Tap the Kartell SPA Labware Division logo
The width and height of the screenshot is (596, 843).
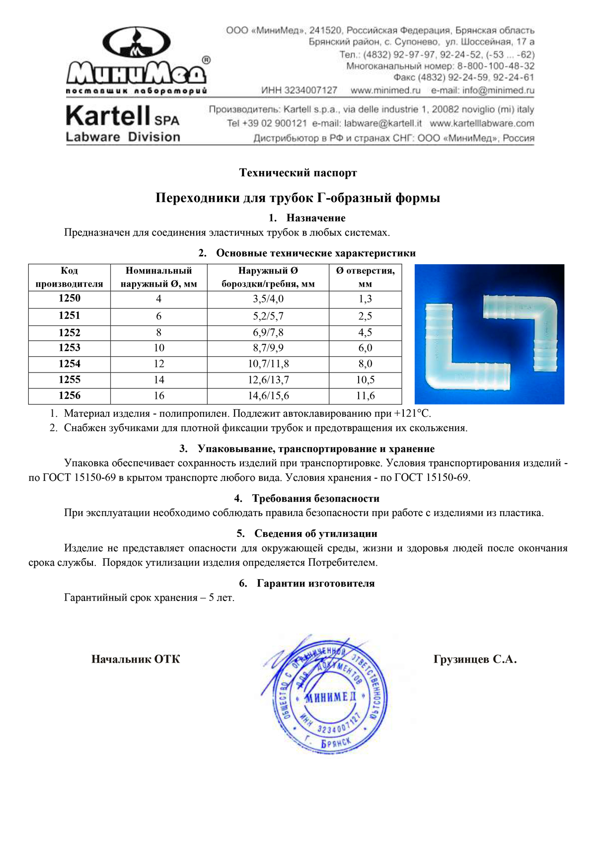tap(123, 124)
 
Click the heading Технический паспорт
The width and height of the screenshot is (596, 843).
tap(298, 173)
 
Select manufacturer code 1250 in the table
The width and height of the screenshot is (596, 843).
tap(70, 298)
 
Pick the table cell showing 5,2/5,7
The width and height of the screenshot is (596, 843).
tap(268, 316)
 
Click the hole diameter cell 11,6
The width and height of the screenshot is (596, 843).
tap(365, 396)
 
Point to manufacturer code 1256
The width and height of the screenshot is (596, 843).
tap(70, 396)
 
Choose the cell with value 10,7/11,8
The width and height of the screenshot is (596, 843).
tap(268, 364)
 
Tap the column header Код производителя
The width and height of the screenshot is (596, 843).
tap(70, 277)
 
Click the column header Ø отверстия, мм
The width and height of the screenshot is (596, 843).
tap(365, 277)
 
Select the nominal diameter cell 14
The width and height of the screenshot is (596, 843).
tap(159, 380)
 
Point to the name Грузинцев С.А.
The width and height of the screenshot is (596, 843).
tap(475, 660)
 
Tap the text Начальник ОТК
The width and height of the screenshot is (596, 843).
tap(136, 660)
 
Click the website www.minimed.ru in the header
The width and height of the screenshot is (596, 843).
tap(385, 90)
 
